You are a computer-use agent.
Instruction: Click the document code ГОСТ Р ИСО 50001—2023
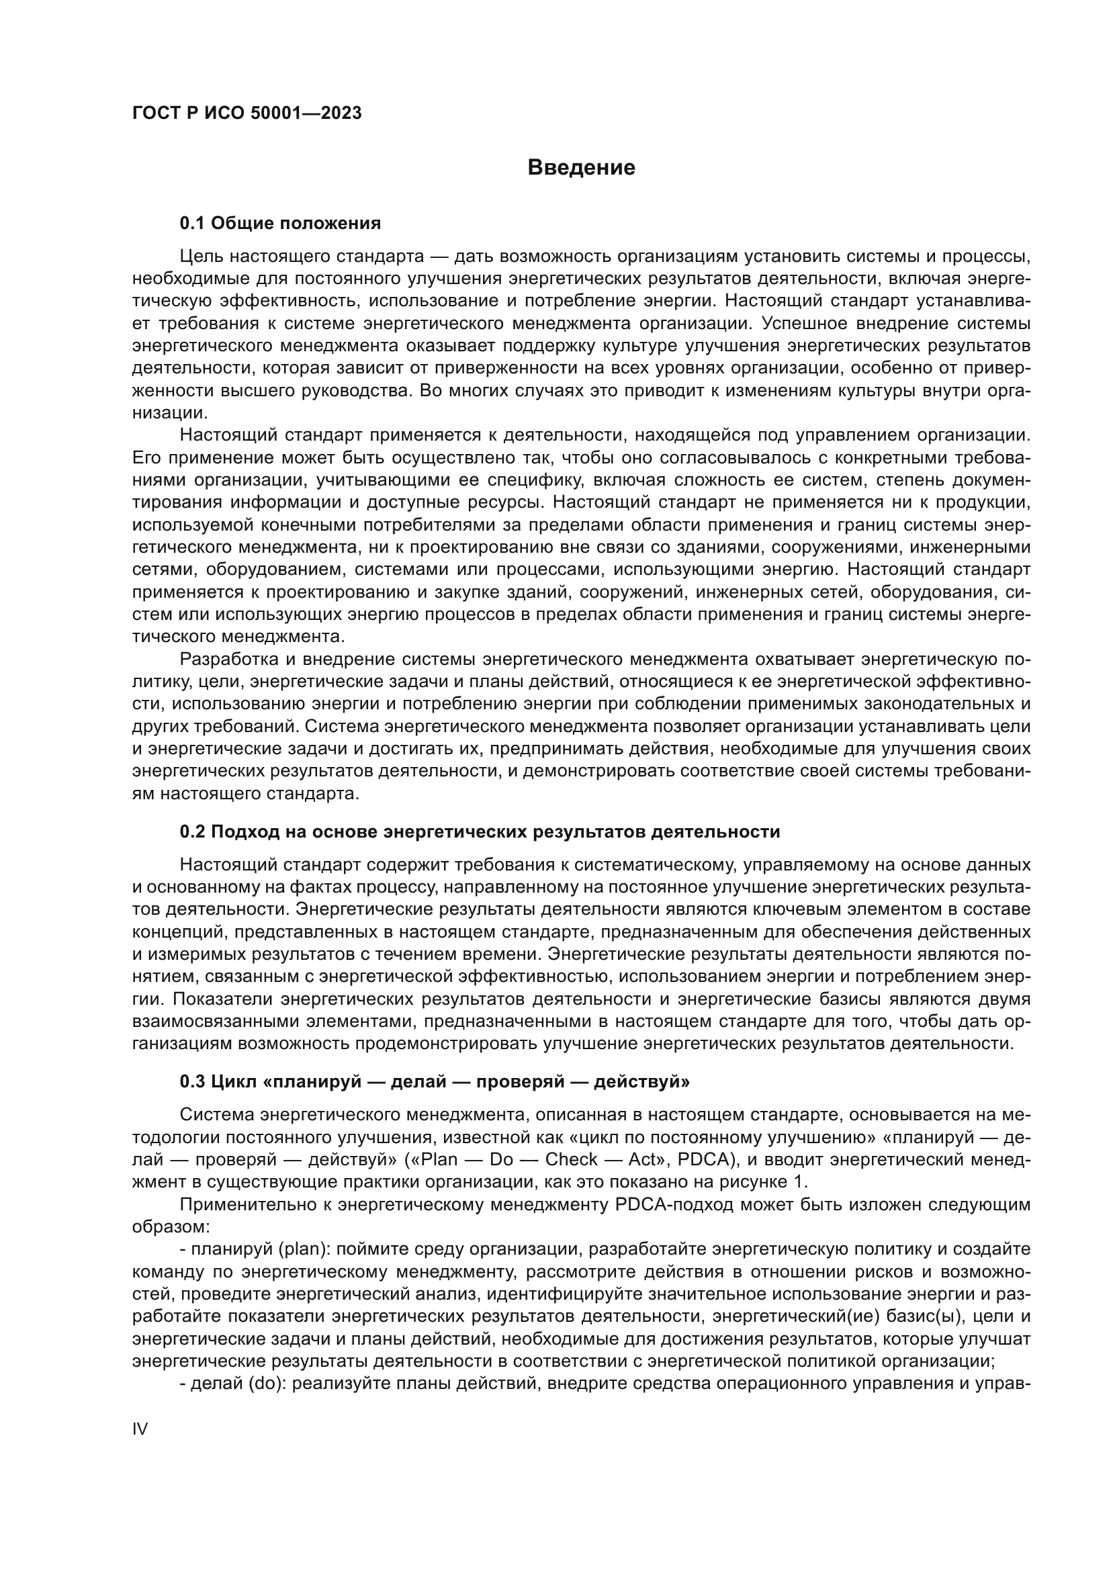247,114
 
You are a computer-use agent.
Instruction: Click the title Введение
581,168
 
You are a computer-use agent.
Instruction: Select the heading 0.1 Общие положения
280,223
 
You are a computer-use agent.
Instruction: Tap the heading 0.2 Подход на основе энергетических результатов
479,832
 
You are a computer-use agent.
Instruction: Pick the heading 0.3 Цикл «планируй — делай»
435,1082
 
